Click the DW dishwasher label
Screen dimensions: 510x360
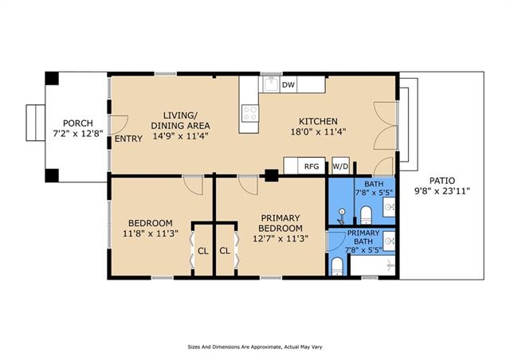pyautogui.click(x=288, y=85)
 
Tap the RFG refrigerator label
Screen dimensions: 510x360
pyautogui.click(x=312, y=166)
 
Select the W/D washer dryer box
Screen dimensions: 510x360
pyautogui.click(x=340, y=166)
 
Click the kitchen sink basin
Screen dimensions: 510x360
pyautogui.click(x=271, y=84)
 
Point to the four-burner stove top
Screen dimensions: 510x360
pyautogui.click(x=250, y=114)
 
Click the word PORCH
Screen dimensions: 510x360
pyautogui.click(x=78, y=123)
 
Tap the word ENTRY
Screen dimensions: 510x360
pyautogui.click(x=128, y=139)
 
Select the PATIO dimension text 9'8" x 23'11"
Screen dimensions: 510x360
pyautogui.click(x=441, y=191)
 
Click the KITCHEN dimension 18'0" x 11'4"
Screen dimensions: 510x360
pyautogui.click(x=318, y=132)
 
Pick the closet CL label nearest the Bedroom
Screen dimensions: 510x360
pyautogui.click(x=203, y=251)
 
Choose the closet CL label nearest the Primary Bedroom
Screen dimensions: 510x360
pyautogui.click(x=225, y=251)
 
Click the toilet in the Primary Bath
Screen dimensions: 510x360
pyautogui.click(x=337, y=267)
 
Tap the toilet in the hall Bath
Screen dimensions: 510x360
pyautogui.click(x=366, y=215)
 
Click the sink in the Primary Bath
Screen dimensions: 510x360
pyautogui.click(x=389, y=241)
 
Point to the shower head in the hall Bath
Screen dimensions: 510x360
pyautogui.click(x=341, y=217)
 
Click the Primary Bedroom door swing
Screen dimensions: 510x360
pyautogui.click(x=248, y=186)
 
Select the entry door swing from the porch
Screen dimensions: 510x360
pyautogui.click(x=120, y=124)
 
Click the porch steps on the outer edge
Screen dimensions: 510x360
pyautogui.click(x=35, y=123)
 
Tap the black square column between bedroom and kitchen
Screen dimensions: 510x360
pyautogui.click(x=271, y=175)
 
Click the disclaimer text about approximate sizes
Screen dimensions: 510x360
pyautogui.click(x=255, y=347)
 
